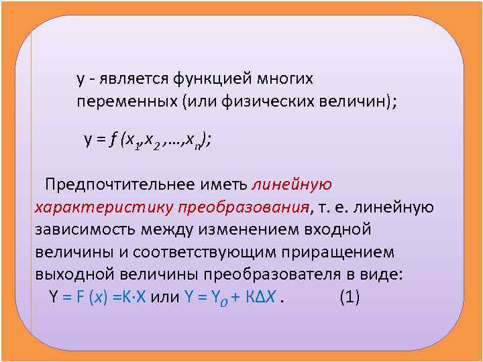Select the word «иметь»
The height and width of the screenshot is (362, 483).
tap(230, 184)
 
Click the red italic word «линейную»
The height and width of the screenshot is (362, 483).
tap(292, 184)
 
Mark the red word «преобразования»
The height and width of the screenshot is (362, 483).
tap(246, 207)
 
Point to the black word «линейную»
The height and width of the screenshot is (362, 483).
tap(400, 207)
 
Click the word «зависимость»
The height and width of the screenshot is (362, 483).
tap(85, 230)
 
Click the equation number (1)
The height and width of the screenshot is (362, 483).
tap(350, 298)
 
